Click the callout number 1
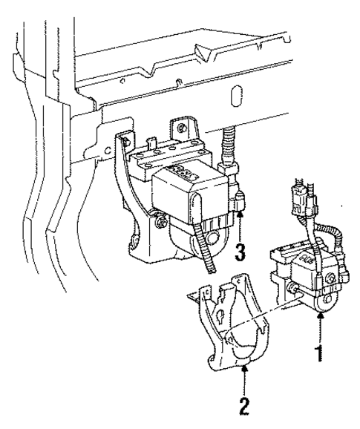[320, 354]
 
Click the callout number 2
[244, 407]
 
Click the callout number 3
[240, 252]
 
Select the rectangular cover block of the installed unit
[189, 192]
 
